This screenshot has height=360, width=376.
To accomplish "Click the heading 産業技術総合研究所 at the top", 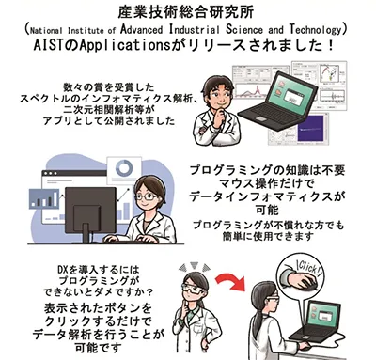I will [188, 11].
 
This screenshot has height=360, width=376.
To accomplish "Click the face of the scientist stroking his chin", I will [232, 90].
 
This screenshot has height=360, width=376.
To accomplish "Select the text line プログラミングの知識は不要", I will [272, 170].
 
